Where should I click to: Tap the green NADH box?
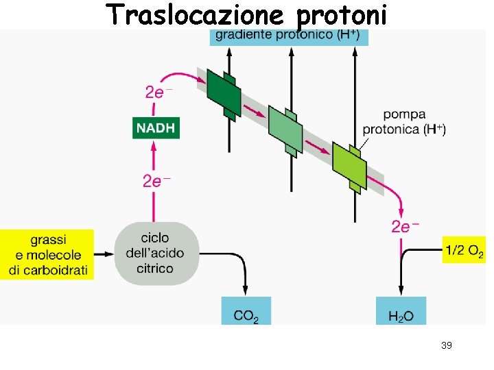point(156,127)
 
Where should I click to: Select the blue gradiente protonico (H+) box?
point(289,36)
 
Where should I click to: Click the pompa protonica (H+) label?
point(404,121)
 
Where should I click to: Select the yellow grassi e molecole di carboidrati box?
point(48,254)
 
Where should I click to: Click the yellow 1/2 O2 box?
point(464,251)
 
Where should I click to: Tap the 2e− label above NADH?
point(158,92)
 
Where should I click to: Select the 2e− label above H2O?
point(405,227)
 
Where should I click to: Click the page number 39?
point(446,345)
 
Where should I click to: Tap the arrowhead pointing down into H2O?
point(401,292)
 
